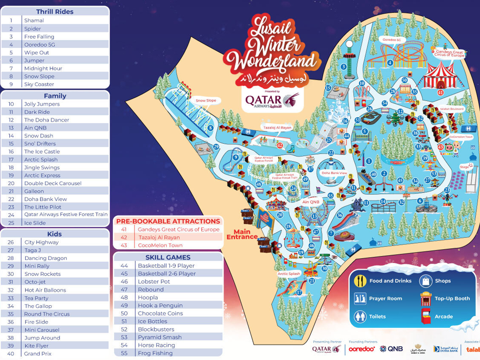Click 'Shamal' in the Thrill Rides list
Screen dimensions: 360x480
pos(34,20)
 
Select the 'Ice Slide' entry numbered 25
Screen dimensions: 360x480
pos(35,223)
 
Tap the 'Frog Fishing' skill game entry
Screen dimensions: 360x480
pos(155,353)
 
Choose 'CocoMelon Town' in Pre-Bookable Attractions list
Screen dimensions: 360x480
pos(160,245)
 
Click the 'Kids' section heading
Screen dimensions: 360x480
pos(54,234)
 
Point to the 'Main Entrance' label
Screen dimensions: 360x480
pos(242,234)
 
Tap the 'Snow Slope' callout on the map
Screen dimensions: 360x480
pos(206,100)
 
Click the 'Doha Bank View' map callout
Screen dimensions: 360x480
pos(334,173)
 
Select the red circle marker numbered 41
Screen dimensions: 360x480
pos(440,92)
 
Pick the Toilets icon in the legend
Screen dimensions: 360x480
pos(360,316)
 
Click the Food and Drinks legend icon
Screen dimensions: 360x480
pos(360,281)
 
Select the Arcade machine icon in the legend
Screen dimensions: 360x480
pos(425,316)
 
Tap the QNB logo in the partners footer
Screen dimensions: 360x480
pos(391,349)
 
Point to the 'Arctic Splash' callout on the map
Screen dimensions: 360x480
pos(288,274)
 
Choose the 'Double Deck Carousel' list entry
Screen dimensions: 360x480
pos(52,183)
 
